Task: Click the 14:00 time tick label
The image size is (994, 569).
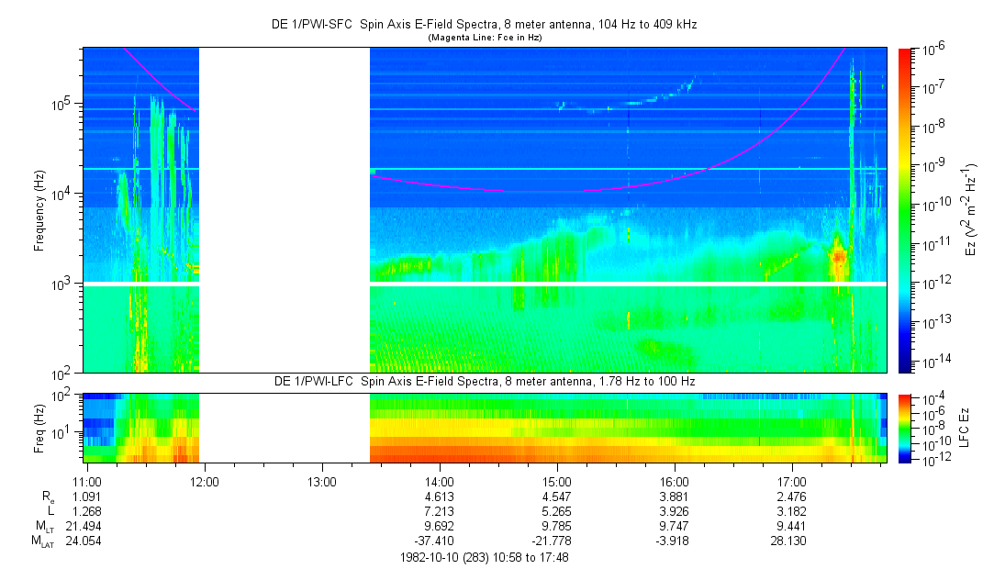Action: [440, 481]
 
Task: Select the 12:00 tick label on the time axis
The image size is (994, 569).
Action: [205, 481]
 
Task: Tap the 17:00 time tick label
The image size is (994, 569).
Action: [792, 481]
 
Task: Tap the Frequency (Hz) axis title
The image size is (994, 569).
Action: [40, 211]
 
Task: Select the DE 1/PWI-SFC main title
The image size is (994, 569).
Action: [485, 24]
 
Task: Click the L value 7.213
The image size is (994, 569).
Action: [440, 511]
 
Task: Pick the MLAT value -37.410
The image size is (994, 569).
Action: [440, 541]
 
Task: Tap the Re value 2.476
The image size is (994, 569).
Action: [792, 496]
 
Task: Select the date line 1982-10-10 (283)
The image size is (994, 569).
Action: [485, 557]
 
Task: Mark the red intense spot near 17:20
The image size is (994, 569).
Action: [837, 256]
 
